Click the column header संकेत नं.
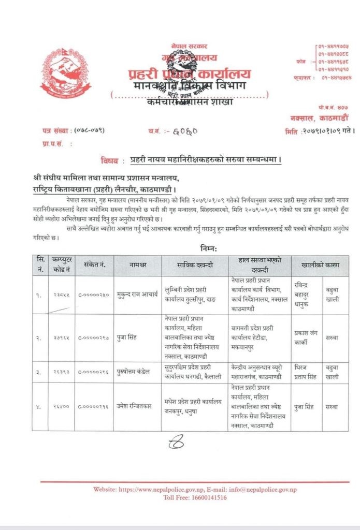point(94,265)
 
